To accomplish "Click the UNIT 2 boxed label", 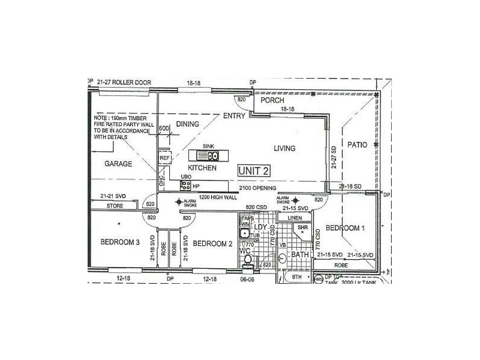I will pos(253,170).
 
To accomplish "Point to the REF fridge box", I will pos(164,158).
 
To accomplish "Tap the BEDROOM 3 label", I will pos(121,242).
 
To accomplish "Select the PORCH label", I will pos(272,101).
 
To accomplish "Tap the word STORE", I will pos(115,206).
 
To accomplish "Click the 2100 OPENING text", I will pos(257,188).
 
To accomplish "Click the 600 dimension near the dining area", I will pos(164,128).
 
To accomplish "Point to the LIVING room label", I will pos(285,148).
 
